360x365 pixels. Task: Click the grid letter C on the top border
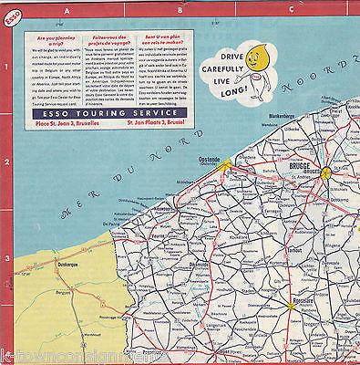pos(290,8)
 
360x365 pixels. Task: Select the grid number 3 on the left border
pos(7,258)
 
